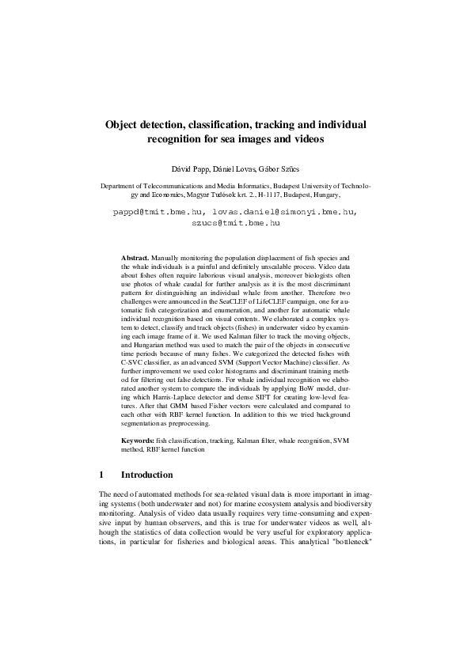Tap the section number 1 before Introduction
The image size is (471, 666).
pos(101,475)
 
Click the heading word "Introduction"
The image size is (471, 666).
pos(146,475)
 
